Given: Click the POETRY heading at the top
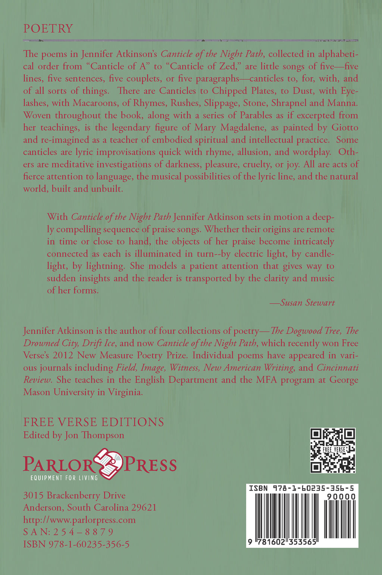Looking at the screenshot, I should pos(48,29).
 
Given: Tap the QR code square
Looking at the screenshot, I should pos(333,450).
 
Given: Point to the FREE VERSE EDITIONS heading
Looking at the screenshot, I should pos(94,422).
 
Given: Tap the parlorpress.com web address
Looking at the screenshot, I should pos(79,520).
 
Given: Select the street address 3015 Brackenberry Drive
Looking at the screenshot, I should pos(74,496).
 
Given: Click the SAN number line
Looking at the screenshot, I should pos(68,532).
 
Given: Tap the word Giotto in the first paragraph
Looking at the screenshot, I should pos(345,128).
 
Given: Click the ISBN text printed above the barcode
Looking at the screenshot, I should pos(301,488).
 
